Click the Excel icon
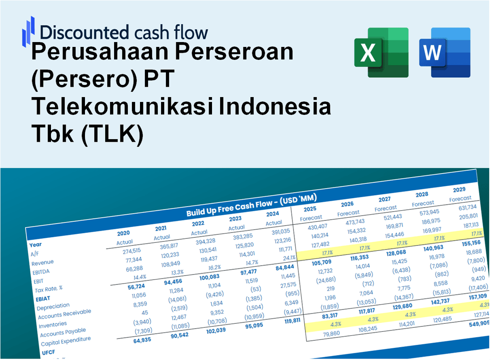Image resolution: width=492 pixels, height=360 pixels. tap(381, 52)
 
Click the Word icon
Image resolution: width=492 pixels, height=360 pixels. tap(445, 52)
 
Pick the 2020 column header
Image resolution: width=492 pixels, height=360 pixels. tap(123, 233)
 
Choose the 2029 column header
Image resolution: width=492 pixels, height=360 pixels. tap(459, 190)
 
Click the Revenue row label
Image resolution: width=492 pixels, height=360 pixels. tap(42, 263)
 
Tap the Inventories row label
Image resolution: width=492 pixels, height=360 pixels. tap(52, 324)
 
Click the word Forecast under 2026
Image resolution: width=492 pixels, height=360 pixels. tap(348, 213)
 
